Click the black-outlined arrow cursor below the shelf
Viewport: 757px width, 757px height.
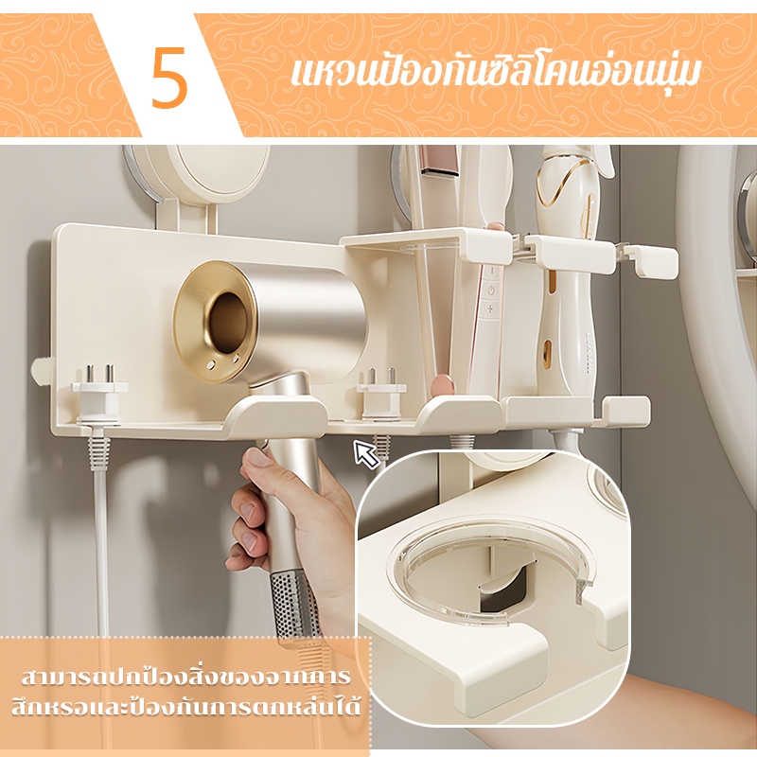365,453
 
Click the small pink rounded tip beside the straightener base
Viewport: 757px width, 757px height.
441,385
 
